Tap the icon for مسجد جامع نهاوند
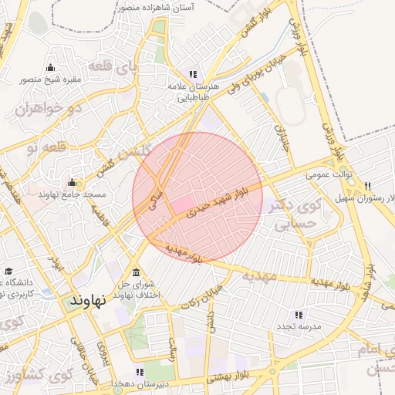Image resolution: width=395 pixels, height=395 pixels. coord(72,183)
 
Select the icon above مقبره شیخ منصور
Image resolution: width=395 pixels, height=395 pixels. coord(51,67)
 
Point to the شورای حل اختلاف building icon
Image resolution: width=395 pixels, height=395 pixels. coord(137,272)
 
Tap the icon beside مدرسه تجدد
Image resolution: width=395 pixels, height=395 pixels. coord(298,315)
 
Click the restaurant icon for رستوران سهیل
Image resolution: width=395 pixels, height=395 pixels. coord(367,187)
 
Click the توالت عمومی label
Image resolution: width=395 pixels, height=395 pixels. coord(329,175)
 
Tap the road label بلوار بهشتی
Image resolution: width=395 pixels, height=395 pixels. coord(228,379)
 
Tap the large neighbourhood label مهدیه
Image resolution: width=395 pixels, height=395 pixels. coord(259,275)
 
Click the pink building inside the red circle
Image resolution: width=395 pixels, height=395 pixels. coord(181,205)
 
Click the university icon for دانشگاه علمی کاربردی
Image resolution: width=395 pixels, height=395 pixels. coord(9,271)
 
